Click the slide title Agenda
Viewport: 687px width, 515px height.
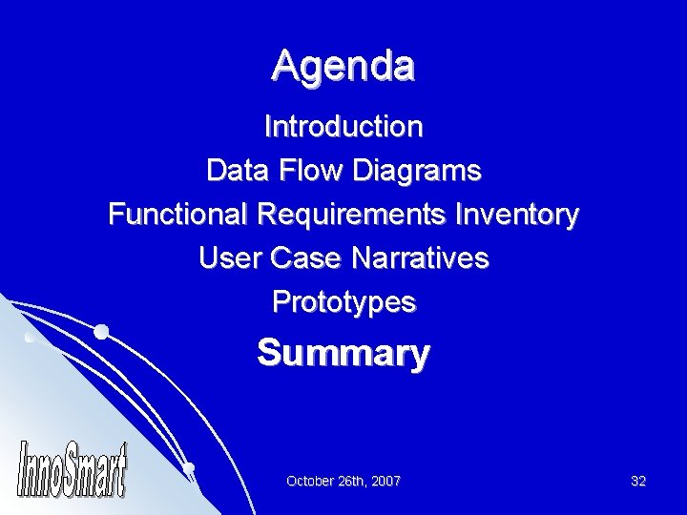click(x=343, y=66)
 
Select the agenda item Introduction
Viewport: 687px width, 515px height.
click(x=343, y=126)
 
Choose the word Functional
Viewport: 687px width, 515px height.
click(x=178, y=216)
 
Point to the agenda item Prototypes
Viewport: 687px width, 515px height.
click(x=343, y=303)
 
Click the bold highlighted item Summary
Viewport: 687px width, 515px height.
click(x=343, y=354)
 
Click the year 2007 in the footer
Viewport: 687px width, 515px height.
click(x=385, y=482)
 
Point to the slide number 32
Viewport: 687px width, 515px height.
click(x=638, y=482)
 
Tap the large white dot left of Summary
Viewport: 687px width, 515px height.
click(x=101, y=332)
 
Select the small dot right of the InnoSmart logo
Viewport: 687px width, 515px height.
click(x=189, y=467)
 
